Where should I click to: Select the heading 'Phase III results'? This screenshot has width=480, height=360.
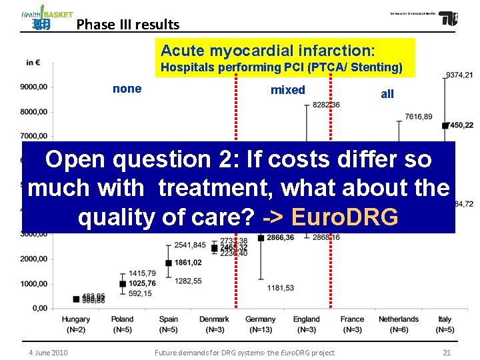(128, 25)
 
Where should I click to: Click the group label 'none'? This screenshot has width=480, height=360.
(127, 89)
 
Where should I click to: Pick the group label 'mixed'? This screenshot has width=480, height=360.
(287, 90)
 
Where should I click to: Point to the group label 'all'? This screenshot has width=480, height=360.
(387, 94)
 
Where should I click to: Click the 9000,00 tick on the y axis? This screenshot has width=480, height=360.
(33, 87)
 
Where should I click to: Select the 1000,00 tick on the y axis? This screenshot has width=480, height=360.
(33, 284)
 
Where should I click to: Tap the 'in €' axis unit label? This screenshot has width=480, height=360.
(33, 63)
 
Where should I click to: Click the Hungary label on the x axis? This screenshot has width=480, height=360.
(76, 319)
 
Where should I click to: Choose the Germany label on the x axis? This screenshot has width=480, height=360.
(260, 319)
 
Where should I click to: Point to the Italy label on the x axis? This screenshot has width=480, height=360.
(445, 319)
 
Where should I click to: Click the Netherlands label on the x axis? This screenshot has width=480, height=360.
(399, 319)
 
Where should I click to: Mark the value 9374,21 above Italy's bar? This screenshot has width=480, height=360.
(459, 75)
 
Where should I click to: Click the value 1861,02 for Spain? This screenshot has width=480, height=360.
(188, 263)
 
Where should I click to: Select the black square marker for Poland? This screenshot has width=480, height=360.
(123, 284)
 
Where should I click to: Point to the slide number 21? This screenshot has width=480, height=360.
(447, 352)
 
